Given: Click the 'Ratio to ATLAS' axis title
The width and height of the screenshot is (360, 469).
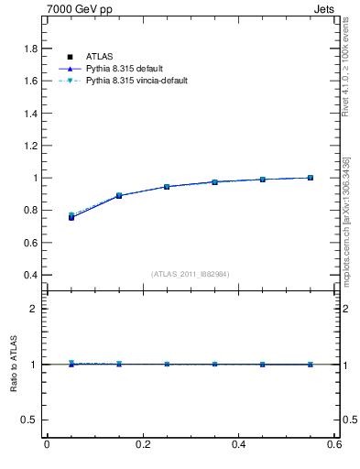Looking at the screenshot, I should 13,365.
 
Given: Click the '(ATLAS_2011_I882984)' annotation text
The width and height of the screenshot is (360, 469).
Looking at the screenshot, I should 191,274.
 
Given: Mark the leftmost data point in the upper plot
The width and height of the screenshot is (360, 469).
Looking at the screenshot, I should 71,217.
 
